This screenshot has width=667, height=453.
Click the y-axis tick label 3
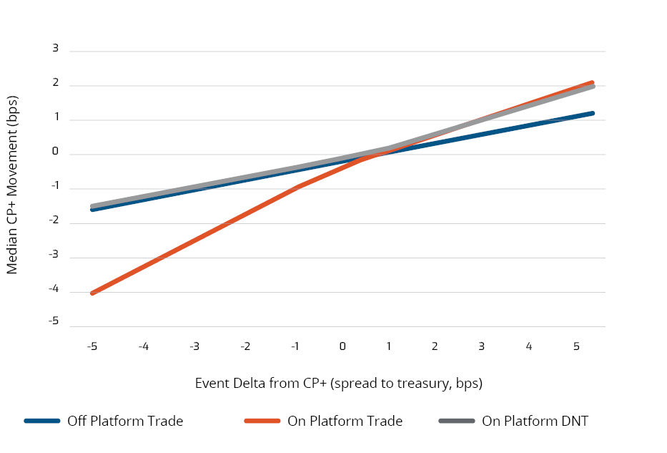[55, 48]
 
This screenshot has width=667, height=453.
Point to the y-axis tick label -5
[54, 323]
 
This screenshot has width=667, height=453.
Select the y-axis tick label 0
[54, 152]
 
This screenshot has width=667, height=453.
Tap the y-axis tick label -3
[54, 254]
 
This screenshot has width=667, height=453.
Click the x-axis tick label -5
[92, 346]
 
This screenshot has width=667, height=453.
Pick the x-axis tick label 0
[342, 346]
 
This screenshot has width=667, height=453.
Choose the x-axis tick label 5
[575, 346]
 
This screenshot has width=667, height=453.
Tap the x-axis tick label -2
[245, 346]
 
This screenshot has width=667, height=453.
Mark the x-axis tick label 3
[481, 346]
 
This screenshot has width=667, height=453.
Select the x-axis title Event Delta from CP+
[339, 383]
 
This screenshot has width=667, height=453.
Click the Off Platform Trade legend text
[125, 421]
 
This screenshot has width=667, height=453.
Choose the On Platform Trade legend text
[345, 421]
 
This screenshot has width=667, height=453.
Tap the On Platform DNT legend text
[535, 421]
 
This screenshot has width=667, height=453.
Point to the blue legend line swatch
[41, 421]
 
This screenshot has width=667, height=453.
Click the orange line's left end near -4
[93, 293]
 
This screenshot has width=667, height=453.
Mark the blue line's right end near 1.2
[592, 113]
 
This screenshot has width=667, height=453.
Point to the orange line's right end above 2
[592, 82]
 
